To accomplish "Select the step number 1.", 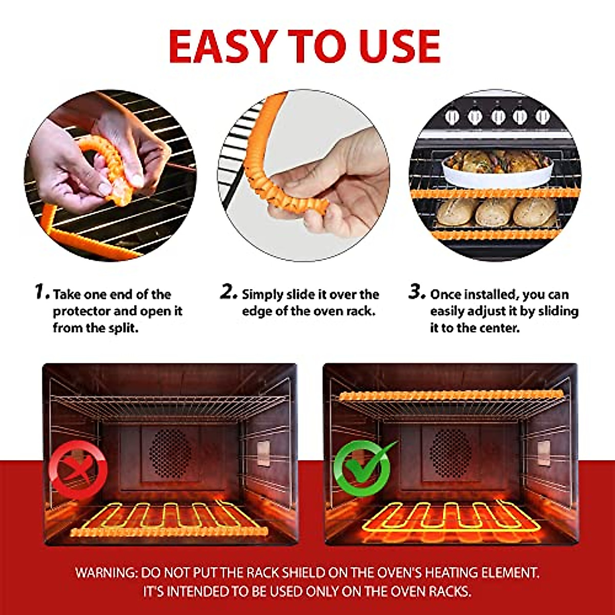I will pos(42,292).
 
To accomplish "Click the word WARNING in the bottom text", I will pos(106,572).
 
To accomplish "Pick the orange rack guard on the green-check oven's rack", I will pos(451,396).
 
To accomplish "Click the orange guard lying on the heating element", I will pos(169,532).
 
